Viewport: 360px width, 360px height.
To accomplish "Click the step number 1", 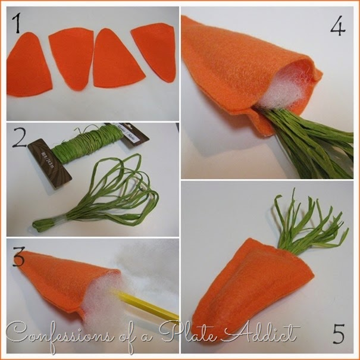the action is tap(17, 23).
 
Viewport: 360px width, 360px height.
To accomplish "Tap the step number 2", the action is tap(19, 137).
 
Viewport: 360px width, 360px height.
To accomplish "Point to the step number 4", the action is tap(338, 26).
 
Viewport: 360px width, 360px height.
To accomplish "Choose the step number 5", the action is tap(339, 333).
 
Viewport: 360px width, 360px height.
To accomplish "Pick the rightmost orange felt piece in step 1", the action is tap(155, 51).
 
